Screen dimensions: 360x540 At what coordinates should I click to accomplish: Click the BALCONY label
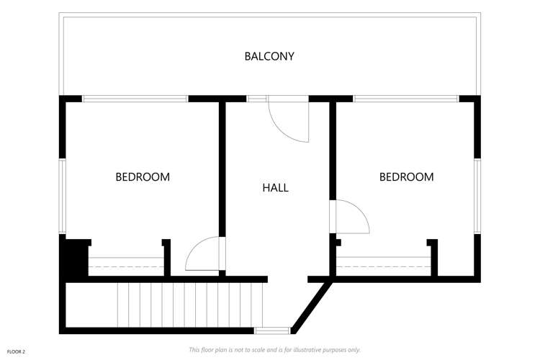(x=269, y=56)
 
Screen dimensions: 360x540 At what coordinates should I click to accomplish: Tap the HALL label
(x=275, y=188)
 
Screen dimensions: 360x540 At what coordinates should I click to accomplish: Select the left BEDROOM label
(x=143, y=176)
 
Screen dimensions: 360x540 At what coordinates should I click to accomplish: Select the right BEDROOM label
(x=406, y=176)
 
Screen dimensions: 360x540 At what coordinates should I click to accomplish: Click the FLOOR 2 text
(x=16, y=351)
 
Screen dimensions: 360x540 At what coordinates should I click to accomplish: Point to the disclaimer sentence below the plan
(x=274, y=350)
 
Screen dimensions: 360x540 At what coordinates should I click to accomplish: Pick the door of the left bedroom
(x=204, y=255)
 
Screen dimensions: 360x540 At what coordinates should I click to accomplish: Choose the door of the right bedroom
(x=350, y=217)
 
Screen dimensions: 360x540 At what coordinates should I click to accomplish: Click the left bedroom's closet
(x=126, y=266)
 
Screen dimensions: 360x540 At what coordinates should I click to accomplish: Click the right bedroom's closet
(x=383, y=266)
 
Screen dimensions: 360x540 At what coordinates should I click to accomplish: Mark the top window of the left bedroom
(x=135, y=99)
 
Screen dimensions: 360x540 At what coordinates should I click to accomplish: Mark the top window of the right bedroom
(x=406, y=99)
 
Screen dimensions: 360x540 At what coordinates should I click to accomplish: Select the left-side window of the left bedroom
(x=63, y=196)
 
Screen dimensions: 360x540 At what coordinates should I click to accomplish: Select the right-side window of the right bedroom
(x=477, y=196)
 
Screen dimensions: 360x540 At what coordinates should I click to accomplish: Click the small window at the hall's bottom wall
(x=272, y=330)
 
